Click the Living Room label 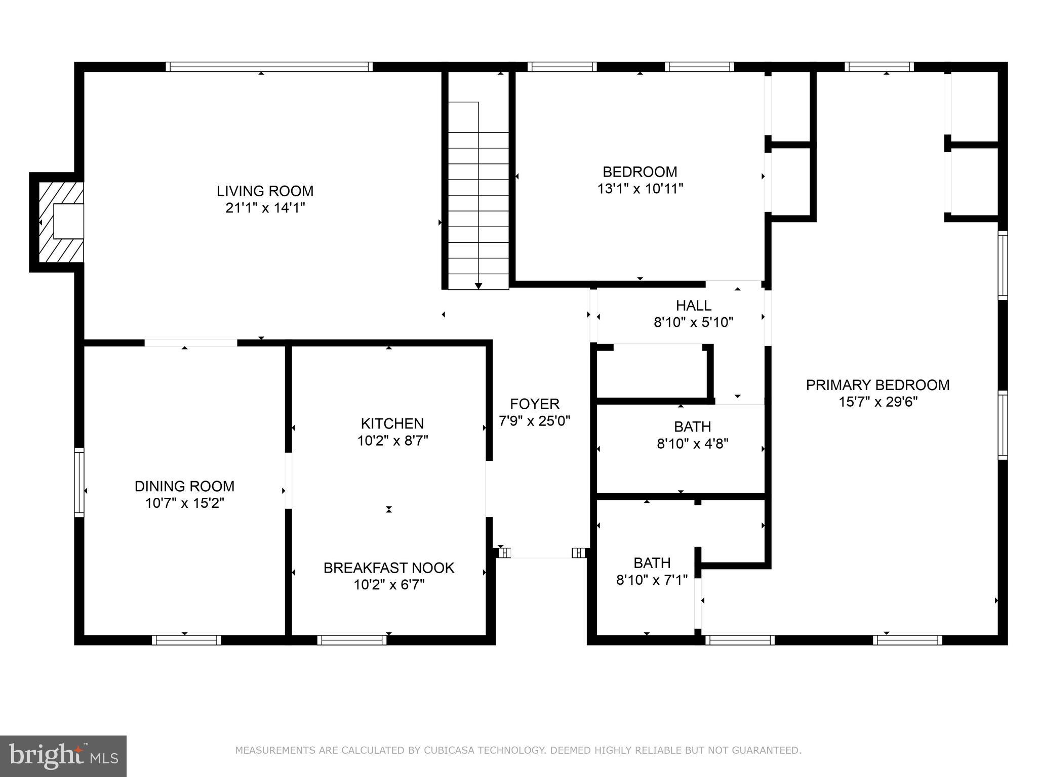click(265, 191)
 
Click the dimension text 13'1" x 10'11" click(640, 189)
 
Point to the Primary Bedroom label click(878, 385)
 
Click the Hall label click(693, 306)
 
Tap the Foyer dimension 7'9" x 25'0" click(535, 421)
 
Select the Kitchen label click(392, 423)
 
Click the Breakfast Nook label click(389, 568)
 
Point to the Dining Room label click(184, 486)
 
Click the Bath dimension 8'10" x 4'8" click(692, 444)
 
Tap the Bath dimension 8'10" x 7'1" click(652, 580)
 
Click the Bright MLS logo click(63, 756)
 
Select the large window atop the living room click(269, 67)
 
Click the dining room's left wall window click(79, 482)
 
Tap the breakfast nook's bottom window click(352, 640)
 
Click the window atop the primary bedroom click(879, 67)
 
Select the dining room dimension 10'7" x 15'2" click(184, 503)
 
